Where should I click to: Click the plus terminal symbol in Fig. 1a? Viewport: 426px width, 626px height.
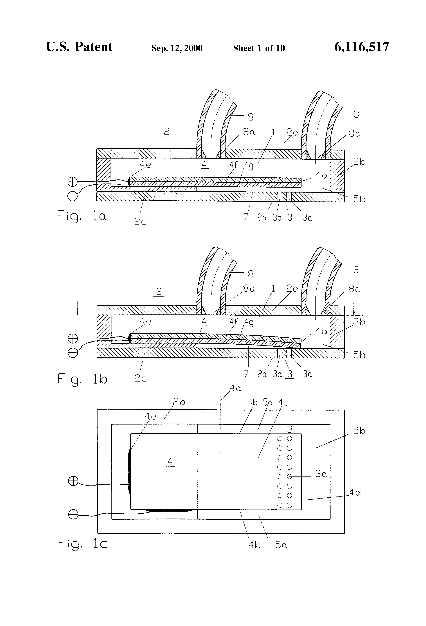[72, 182]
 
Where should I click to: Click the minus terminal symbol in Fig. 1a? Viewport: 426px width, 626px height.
[72, 196]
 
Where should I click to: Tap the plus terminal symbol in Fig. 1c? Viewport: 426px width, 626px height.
[73, 481]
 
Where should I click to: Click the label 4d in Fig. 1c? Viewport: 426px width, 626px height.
[355, 493]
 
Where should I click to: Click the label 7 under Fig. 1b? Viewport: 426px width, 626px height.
[246, 374]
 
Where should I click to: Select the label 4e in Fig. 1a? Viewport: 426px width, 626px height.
[145, 164]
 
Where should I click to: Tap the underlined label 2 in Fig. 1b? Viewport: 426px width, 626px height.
[159, 292]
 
